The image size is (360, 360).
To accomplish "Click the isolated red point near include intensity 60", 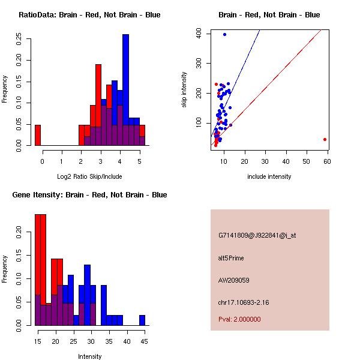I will click(325, 139).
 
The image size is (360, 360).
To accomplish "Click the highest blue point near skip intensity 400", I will click(224, 35).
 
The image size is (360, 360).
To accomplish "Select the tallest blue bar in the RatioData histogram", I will click(125, 90).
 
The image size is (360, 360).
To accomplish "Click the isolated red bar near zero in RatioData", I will click(38, 135).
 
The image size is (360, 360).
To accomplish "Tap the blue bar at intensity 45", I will click(142, 320).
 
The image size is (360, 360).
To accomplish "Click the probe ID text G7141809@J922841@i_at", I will click(257, 236).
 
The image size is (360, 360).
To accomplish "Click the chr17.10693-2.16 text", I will click(244, 302).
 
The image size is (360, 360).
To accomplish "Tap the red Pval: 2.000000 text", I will click(239, 319).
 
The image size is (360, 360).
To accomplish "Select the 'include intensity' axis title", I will click(269, 176).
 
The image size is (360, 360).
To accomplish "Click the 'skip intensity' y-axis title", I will click(185, 90).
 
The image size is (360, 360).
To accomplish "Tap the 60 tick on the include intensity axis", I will click(327, 161).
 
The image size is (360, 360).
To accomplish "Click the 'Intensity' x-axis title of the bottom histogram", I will click(90, 356).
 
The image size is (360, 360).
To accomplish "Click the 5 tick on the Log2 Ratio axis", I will click(139, 161).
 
